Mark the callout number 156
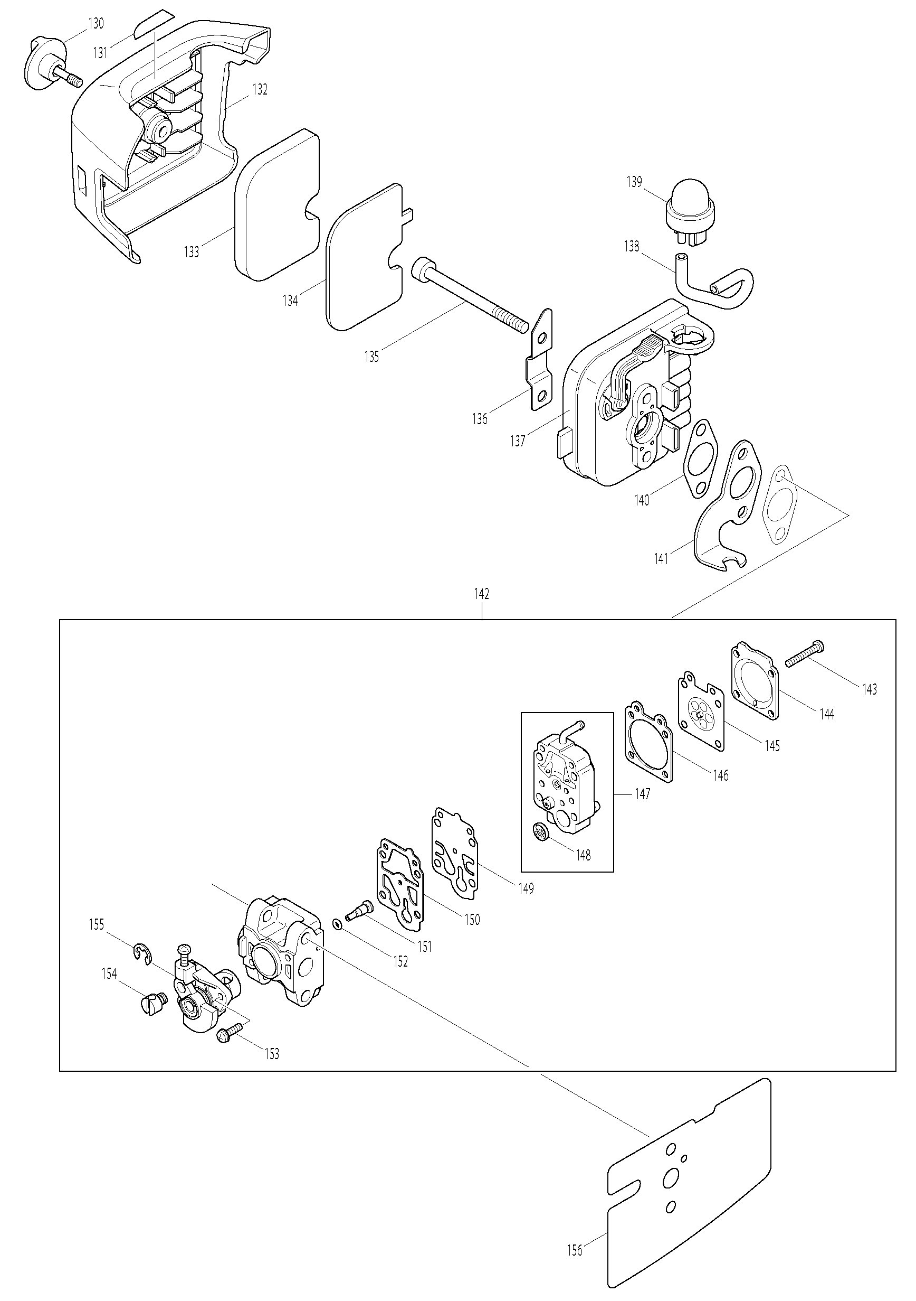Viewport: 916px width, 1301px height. tap(575, 1246)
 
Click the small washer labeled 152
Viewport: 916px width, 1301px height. tap(337, 925)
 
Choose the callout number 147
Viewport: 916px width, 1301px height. tap(643, 794)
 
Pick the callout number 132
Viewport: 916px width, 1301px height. tap(260, 89)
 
